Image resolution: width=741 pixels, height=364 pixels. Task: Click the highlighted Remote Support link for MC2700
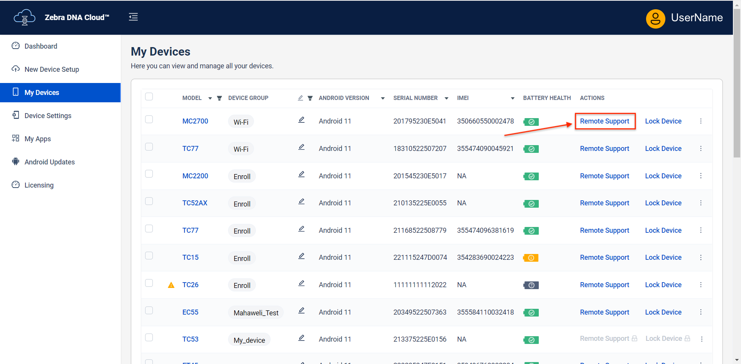click(604, 121)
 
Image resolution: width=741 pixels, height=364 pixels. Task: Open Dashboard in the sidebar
click(41, 46)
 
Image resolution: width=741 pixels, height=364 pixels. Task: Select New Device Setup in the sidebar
click(51, 69)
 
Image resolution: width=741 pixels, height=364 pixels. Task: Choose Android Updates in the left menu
click(49, 162)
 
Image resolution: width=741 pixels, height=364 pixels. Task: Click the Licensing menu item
click(39, 185)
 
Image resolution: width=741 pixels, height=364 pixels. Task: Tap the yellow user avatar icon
click(655, 19)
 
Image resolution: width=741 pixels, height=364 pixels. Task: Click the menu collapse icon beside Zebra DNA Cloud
click(133, 17)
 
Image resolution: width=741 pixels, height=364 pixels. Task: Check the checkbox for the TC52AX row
click(149, 201)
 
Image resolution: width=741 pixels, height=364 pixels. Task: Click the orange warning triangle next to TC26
click(171, 285)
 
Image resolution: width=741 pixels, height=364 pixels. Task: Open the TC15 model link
click(190, 257)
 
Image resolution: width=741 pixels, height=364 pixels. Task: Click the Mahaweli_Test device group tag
click(256, 313)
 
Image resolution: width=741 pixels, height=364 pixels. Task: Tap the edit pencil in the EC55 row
click(301, 311)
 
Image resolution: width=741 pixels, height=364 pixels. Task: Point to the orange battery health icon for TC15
click(531, 258)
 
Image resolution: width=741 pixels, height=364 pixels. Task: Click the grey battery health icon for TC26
click(531, 285)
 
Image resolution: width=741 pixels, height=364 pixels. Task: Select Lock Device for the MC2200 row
click(663, 176)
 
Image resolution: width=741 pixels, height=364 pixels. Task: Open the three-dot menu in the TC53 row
click(702, 339)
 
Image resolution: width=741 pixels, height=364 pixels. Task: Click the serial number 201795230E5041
click(420, 121)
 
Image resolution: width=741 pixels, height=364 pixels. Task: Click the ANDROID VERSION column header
click(344, 98)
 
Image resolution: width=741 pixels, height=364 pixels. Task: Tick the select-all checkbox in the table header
click(149, 97)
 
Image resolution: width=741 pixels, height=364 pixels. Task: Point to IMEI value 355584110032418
click(485, 312)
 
